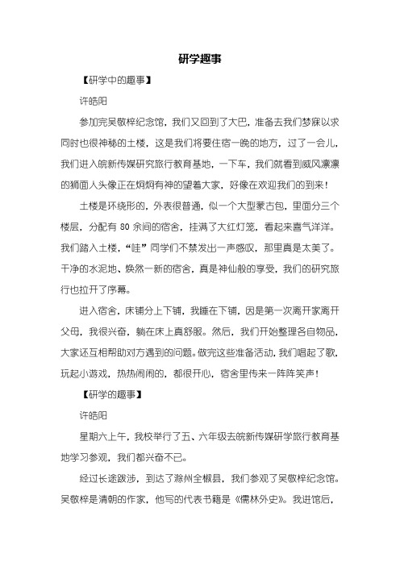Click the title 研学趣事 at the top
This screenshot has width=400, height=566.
point(200,59)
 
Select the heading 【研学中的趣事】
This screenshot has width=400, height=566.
point(112,81)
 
